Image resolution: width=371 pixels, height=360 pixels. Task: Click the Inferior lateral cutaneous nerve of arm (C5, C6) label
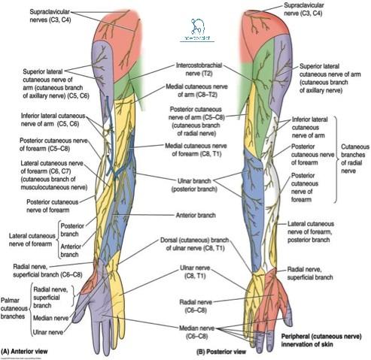click(42, 119)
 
